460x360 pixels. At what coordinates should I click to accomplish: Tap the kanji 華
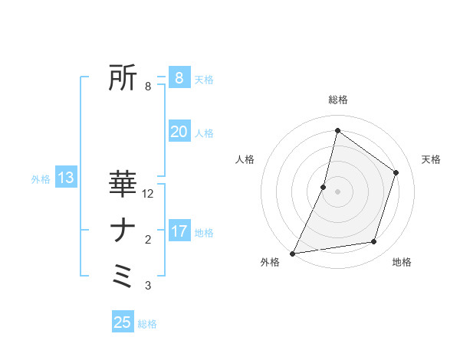[x=123, y=184]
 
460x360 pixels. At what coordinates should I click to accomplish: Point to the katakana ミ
[x=123, y=276]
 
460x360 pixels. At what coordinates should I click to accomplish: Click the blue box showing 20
[x=179, y=132]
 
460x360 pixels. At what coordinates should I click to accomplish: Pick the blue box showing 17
[x=179, y=231]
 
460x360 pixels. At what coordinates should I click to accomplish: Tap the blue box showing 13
[x=66, y=178]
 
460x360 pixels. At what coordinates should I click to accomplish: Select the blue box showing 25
[x=123, y=322]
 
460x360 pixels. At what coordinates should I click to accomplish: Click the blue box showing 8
[x=179, y=78]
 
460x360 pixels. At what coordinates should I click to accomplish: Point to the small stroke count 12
[x=148, y=194]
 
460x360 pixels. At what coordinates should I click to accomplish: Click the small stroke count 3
[x=148, y=286]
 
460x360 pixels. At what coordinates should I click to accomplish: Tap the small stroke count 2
[x=148, y=240]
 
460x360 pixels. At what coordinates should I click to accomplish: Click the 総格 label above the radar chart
[x=337, y=100]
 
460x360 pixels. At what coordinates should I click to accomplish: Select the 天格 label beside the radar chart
[x=431, y=159]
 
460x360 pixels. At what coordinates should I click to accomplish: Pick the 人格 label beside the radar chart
[x=245, y=159]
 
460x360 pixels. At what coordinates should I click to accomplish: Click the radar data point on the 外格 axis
[x=292, y=253]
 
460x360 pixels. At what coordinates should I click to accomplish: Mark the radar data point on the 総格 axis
[x=337, y=131]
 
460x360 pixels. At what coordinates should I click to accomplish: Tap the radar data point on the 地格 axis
[x=374, y=242]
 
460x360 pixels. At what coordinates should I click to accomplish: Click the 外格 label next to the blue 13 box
[x=41, y=179]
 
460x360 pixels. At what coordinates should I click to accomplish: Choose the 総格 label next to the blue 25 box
[x=147, y=324]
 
